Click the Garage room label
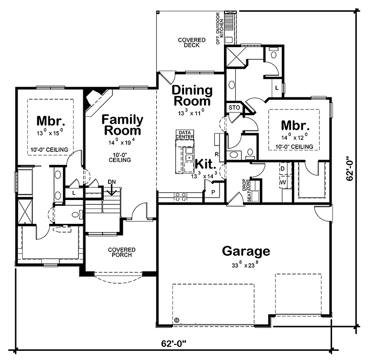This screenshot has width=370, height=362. pyautogui.click(x=246, y=252)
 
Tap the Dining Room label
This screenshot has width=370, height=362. pyautogui.click(x=192, y=96)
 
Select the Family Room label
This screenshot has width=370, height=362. pyautogui.click(x=122, y=125)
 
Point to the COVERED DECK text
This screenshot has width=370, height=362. pyautogui.click(x=191, y=42)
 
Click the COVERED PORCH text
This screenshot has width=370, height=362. pyautogui.click(x=122, y=252)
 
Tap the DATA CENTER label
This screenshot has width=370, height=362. pyautogui.click(x=185, y=135)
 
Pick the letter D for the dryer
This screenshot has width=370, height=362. pyautogui.click(x=282, y=169)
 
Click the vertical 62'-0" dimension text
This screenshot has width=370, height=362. pyautogui.click(x=350, y=168)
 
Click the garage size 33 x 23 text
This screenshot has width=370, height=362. pyautogui.click(x=246, y=265)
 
